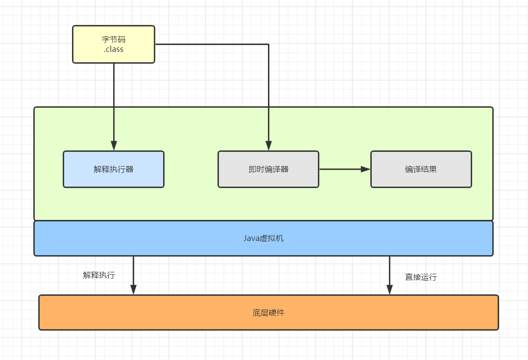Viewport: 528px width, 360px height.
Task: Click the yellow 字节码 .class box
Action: [x=114, y=44]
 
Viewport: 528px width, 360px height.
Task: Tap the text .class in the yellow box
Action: [x=114, y=49]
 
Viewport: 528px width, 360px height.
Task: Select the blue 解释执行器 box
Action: [x=114, y=169]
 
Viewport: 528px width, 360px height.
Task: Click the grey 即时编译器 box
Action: [x=268, y=169]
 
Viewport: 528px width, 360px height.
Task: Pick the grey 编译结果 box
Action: [x=421, y=169]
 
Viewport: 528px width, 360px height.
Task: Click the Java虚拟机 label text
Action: [x=264, y=239]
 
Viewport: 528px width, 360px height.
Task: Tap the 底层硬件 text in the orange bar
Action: [x=268, y=312]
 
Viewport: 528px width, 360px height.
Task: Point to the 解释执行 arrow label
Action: [x=99, y=275]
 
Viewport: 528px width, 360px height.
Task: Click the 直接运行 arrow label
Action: [x=421, y=277]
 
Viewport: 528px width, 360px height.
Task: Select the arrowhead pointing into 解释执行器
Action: [x=114, y=146]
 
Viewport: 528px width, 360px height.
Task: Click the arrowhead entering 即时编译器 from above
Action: [x=268, y=146]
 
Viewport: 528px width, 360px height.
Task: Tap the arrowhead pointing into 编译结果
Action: [x=366, y=169]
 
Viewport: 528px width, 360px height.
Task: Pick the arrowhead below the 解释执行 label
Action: [x=133, y=290]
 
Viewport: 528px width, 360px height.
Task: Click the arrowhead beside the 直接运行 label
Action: [x=390, y=290]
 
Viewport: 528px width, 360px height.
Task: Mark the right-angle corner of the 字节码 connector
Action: [x=268, y=45]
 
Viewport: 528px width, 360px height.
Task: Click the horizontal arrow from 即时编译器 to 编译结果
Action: [x=343, y=169]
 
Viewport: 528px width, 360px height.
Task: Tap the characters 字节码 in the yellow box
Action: [x=114, y=40]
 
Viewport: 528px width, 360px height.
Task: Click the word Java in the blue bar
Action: [x=251, y=239]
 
